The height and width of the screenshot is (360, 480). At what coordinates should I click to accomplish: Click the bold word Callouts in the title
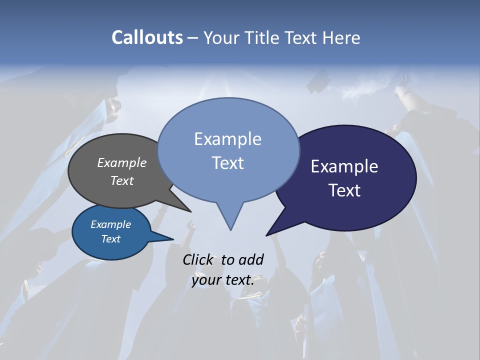[x=147, y=37]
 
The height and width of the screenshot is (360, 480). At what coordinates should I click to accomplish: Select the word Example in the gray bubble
[x=122, y=162]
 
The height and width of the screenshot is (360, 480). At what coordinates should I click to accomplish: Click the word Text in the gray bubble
[x=122, y=180]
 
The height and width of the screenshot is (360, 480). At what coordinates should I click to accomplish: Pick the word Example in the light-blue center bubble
[x=227, y=138]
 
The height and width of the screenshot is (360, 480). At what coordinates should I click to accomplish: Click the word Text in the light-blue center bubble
[x=227, y=162]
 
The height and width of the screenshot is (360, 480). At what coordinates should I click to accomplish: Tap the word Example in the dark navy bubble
[x=344, y=166]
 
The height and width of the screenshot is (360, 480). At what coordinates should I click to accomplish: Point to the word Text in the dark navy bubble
[x=344, y=190]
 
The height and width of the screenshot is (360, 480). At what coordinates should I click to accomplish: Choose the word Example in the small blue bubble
[x=110, y=224]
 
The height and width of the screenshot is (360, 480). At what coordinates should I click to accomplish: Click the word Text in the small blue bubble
[x=110, y=239]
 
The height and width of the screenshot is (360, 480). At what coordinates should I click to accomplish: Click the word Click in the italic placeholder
[x=197, y=259]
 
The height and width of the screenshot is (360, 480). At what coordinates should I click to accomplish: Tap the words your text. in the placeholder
[x=223, y=280]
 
